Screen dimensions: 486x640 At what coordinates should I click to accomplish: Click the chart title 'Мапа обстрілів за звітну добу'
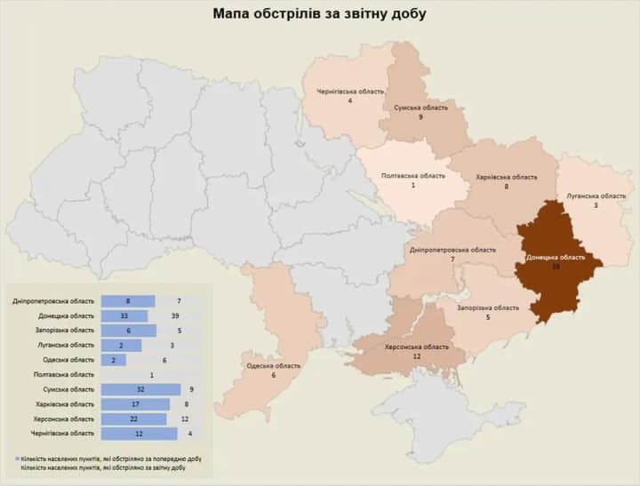click(x=319, y=14)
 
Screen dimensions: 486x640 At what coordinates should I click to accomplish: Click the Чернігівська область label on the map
click(x=349, y=92)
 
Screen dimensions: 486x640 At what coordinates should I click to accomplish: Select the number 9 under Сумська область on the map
click(x=420, y=117)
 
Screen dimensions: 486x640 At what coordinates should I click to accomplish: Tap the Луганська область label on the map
click(x=596, y=195)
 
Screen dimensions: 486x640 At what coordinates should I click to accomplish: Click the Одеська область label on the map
click(x=273, y=365)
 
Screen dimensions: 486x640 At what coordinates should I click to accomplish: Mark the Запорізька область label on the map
click(x=487, y=307)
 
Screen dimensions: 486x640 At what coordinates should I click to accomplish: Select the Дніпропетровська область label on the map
click(x=452, y=250)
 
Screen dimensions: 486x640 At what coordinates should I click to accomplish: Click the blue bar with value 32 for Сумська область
click(x=140, y=389)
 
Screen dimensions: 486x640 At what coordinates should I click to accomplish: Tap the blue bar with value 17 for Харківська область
click(x=135, y=404)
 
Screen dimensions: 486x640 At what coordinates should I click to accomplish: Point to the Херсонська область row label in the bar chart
click(x=62, y=418)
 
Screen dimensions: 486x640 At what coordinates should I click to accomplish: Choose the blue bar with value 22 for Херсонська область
click(x=135, y=418)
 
